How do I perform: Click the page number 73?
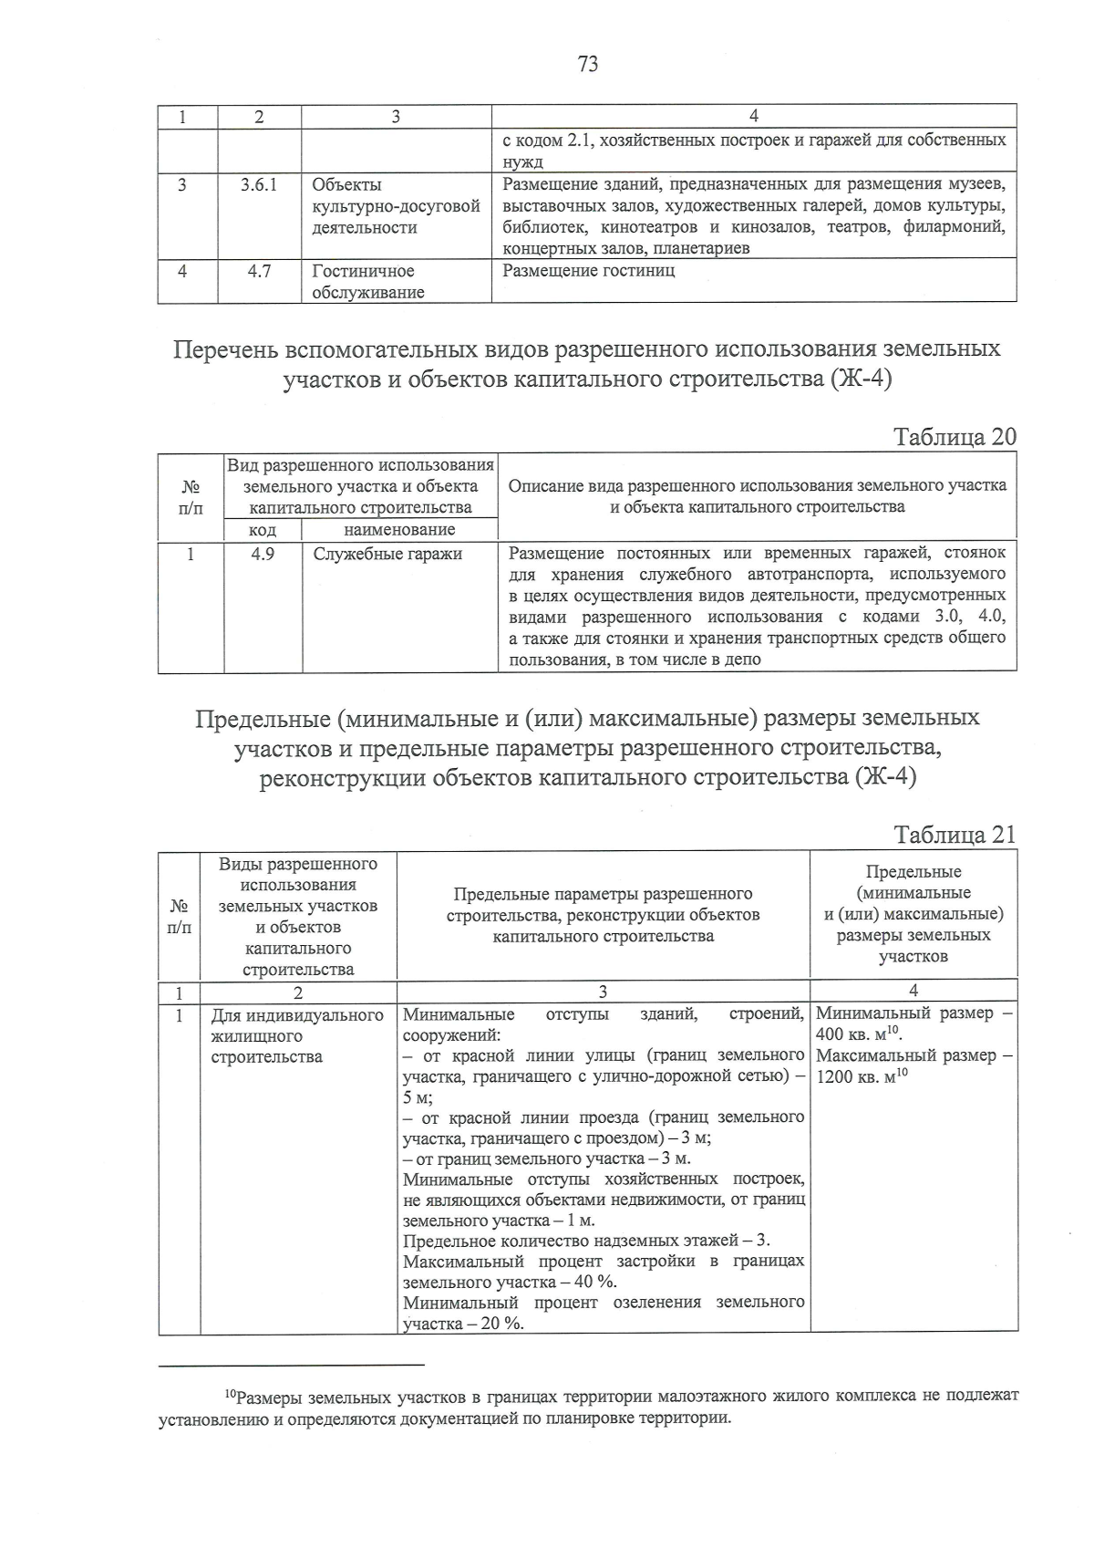click(x=587, y=64)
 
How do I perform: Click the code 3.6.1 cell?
click(x=259, y=185)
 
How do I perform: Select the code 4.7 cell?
click(x=259, y=271)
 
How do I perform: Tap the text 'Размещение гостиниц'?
click(x=589, y=271)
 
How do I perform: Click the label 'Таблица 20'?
click(x=955, y=437)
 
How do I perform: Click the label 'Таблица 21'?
click(x=955, y=836)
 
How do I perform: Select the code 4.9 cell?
click(x=263, y=554)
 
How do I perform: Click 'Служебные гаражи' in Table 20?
click(x=387, y=554)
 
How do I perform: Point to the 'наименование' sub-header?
click(x=399, y=530)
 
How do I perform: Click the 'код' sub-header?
click(x=263, y=530)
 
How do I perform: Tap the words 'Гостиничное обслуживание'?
click(x=367, y=282)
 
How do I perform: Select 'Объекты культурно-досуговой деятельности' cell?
click(x=396, y=206)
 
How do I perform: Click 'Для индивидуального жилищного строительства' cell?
click(x=296, y=1036)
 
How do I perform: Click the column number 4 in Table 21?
click(x=913, y=991)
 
